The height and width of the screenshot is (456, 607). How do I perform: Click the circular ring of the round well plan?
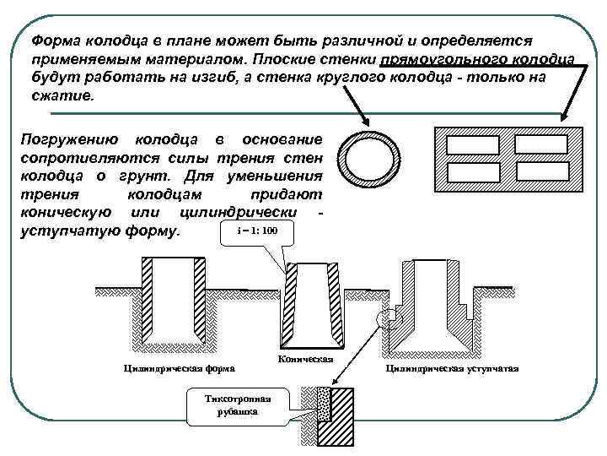[x=344, y=159]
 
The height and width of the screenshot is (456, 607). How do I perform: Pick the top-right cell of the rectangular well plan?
[x=540, y=144]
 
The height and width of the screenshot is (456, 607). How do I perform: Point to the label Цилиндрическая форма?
[x=179, y=368]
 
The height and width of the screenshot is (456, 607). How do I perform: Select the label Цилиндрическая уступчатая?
[x=452, y=369]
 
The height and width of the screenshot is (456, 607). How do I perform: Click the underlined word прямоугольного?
[x=438, y=58]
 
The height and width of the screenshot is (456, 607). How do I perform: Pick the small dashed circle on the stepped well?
[x=386, y=318]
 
